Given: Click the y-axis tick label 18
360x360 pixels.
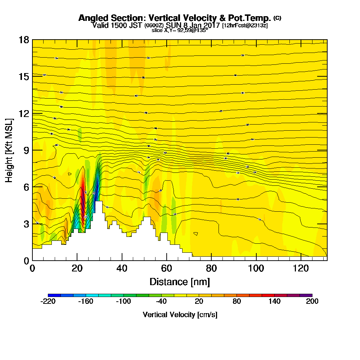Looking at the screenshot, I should (x=24, y=40).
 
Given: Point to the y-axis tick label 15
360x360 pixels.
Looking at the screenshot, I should (x=24, y=77).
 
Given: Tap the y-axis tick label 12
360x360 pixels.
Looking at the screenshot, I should (x=24, y=113).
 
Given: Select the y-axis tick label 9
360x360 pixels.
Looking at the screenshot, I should (x=26, y=150).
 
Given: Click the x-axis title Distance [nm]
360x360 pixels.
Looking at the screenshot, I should (x=179, y=281).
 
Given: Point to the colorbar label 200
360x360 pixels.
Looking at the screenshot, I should (x=312, y=302).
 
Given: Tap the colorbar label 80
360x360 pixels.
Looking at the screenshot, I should (x=237, y=302).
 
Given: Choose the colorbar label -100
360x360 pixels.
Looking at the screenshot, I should (x=123, y=302).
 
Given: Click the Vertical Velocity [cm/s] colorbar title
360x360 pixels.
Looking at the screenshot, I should (x=180, y=315).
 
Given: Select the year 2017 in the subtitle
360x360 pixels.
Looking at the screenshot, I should (x=211, y=25).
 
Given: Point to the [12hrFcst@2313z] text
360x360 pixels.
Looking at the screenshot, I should (x=245, y=26).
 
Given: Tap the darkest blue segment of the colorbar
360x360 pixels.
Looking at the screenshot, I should (x=54, y=295).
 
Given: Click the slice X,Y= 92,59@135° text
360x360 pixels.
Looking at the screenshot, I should (x=180, y=31).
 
